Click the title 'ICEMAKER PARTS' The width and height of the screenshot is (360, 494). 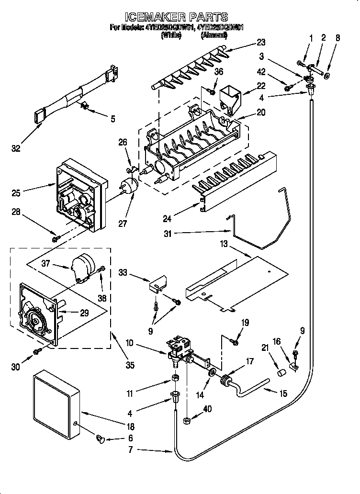point(180,18)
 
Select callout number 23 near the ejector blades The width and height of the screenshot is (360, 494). point(260,42)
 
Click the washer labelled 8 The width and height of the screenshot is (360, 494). point(327,76)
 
